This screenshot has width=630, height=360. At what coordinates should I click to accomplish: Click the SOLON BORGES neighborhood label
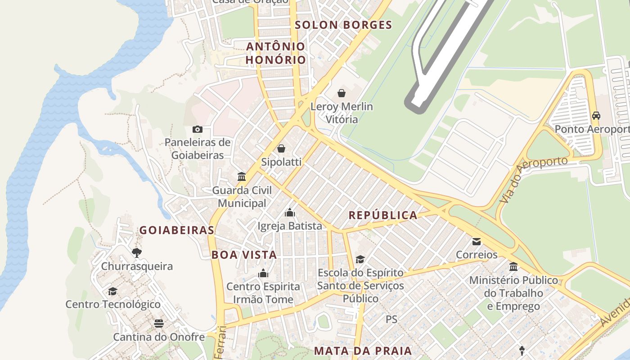343,25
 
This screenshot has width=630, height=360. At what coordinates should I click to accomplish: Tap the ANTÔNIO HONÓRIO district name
276,53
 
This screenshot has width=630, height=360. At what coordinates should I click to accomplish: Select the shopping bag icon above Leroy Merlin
342,93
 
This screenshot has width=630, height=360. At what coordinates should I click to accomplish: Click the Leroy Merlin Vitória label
342,113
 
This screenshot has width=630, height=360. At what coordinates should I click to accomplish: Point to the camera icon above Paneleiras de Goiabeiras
197,130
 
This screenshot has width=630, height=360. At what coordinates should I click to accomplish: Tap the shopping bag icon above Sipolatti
281,148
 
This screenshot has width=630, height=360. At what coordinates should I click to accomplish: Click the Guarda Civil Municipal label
242,197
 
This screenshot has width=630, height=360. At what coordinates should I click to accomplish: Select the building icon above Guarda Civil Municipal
242,176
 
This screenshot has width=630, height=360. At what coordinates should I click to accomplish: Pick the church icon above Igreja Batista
290,212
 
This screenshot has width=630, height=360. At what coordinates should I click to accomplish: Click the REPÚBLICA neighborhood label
383,215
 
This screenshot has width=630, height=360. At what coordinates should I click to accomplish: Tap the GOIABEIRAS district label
176,230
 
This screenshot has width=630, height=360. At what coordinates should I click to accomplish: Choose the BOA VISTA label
244,255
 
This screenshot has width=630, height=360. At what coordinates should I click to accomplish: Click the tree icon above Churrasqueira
136,253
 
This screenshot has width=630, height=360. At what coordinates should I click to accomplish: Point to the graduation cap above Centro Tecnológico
112,291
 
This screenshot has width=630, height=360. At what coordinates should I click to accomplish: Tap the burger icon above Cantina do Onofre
158,323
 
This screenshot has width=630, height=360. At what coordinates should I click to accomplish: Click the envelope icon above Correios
477,242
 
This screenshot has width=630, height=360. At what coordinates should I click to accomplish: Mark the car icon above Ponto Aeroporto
596,116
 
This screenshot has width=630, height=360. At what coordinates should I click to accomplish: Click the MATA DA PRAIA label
363,351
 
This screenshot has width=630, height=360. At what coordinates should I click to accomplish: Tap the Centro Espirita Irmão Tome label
263,293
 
